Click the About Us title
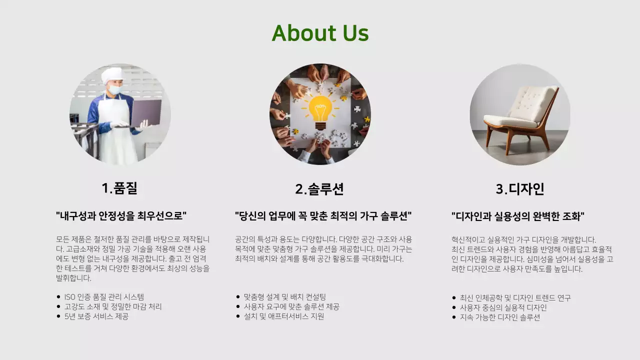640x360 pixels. point(320,33)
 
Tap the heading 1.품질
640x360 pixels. point(119,188)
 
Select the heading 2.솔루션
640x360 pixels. point(319,189)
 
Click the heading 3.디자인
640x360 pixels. point(520,189)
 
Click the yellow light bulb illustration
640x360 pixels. point(320,111)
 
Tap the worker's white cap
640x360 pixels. point(112,75)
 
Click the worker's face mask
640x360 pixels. point(115,90)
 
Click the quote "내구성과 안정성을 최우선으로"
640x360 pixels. point(121,216)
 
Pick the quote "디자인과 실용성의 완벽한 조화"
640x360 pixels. point(518,216)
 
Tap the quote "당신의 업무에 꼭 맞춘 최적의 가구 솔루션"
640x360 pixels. point(323,216)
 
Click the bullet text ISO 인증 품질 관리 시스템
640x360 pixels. point(104,297)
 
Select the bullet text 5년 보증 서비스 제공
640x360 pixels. point(96,316)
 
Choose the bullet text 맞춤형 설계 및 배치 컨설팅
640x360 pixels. point(284,297)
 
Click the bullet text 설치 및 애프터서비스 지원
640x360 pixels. point(283,316)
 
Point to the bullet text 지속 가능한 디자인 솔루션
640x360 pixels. point(499,317)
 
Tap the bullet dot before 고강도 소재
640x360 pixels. point(58,306)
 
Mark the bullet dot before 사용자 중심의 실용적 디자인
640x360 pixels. point(454,307)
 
